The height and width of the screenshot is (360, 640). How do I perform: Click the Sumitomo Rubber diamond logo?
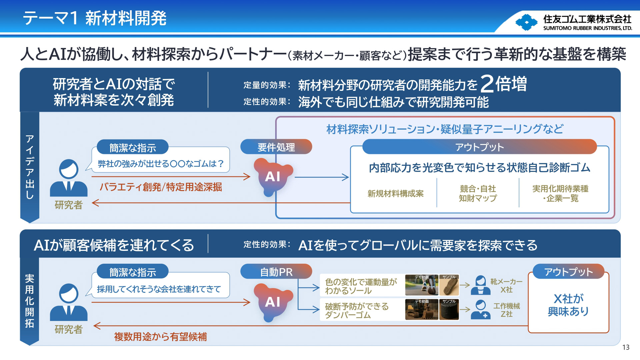point(526,22)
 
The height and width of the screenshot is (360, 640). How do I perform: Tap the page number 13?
point(626,347)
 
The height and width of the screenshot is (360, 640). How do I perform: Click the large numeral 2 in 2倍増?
point(487,84)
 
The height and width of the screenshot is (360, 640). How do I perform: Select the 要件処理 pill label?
point(276,147)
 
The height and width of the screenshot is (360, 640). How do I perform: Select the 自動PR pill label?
point(276,272)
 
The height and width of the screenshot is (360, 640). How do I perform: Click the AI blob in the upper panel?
point(273,177)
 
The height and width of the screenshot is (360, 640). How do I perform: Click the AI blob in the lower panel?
point(273,302)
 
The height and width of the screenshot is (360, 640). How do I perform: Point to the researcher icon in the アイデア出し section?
point(69,178)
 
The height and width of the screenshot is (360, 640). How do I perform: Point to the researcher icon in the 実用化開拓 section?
point(69,303)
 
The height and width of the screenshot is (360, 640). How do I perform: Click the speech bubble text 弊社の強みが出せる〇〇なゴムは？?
point(161,164)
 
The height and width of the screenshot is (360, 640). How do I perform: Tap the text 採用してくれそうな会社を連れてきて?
point(159,289)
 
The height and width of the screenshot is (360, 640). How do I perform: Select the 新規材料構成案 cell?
point(395,194)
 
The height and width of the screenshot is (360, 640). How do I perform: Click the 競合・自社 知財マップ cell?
point(478,194)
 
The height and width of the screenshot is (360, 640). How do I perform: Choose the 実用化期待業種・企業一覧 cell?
point(560,194)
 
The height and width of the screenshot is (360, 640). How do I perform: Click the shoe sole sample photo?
point(449,285)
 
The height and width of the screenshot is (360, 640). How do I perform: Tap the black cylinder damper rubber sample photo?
point(449,310)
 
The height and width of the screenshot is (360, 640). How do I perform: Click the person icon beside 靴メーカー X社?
point(480,285)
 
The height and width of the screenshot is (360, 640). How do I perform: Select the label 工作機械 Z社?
point(506,310)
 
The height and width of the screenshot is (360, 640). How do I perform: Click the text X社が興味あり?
point(568,305)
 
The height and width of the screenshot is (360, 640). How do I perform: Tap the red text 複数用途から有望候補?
point(160,337)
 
